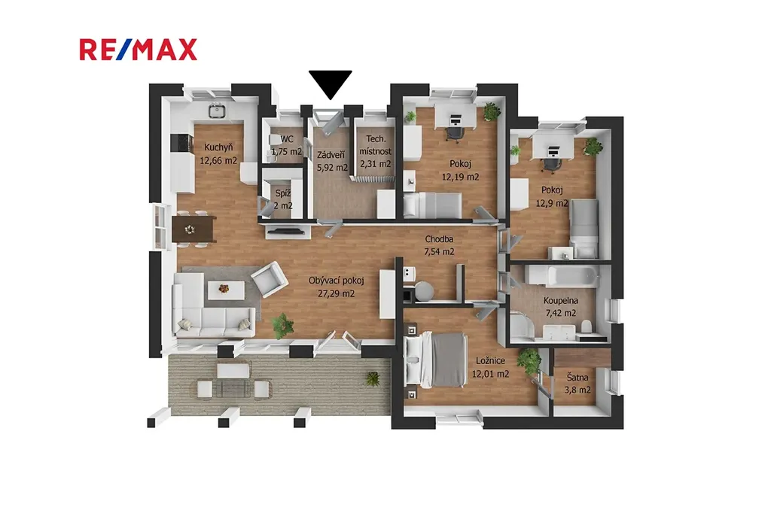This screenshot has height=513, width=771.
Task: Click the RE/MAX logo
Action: pos(139,50)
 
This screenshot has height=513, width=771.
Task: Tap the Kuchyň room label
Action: pos(218,147)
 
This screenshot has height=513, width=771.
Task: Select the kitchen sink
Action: pos(216,111)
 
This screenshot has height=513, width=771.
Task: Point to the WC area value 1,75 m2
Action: pos(287,152)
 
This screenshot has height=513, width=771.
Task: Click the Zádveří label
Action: pos(331,155)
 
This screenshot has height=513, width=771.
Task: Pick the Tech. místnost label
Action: pos(376,145)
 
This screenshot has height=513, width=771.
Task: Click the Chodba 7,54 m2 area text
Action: pos(439,251)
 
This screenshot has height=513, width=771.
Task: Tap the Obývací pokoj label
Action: pos(337,281)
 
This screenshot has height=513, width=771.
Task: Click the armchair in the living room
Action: pos(270,280)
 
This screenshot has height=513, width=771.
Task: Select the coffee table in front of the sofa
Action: pos(226,290)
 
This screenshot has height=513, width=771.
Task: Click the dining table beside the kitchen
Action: pos(194,229)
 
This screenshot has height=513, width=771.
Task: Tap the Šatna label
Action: pos(577,378)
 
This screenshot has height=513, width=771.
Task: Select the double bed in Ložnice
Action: pos(434,360)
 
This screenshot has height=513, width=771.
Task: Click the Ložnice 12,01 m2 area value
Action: pos(490,374)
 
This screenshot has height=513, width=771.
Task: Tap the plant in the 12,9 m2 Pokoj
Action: pos(593,147)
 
